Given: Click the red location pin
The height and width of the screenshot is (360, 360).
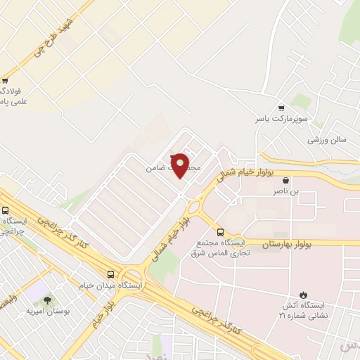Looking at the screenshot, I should click(x=180, y=165).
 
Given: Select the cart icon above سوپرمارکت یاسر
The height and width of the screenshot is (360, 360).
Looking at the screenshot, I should click(x=281, y=108).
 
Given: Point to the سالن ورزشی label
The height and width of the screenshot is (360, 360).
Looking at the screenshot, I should click(x=327, y=140).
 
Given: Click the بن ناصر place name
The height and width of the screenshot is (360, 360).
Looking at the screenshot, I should click(x=286, y=191).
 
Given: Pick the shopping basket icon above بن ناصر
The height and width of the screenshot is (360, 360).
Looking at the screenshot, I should click(x=285, y=180).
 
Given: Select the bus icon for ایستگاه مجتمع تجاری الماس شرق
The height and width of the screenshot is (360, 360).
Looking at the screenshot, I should click(x=220, y=232).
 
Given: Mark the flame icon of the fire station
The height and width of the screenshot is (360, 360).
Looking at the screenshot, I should click(x=303, y=295).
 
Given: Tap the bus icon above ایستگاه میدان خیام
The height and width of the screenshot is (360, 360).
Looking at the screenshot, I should click(x=110, y=274).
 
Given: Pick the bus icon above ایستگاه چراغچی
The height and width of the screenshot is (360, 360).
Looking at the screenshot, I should click(x=6, y=210).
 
